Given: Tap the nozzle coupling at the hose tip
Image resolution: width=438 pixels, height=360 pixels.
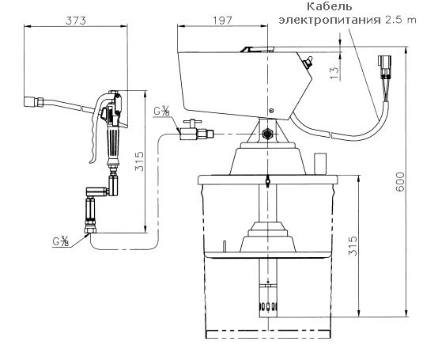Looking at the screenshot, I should pyautogui.click(x=32, y=100).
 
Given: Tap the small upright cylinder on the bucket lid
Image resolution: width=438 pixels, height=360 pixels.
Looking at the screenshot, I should pyautogui.click(x=321, y=163).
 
